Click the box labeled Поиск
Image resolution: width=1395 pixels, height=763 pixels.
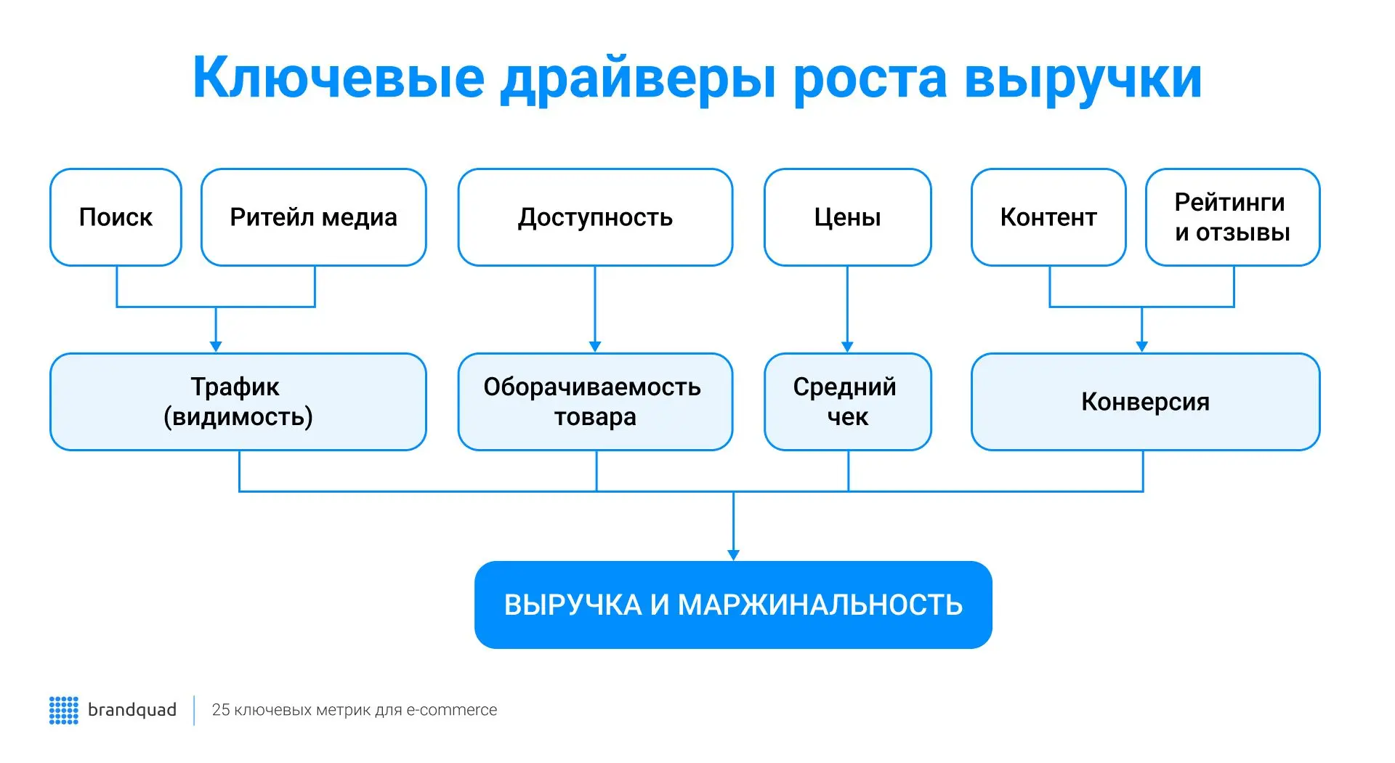pyautogui.click(x=116, y=217)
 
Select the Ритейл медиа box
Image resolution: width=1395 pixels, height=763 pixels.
pyautogui.click(x=313, y=217)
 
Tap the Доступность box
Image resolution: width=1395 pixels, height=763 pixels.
pyautogui.click(x=595, y=217)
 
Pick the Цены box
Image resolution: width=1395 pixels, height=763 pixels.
pyautogui.click(x=847, y=217)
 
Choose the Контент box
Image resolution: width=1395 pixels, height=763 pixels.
pyautogui.click(x=1048, y=217)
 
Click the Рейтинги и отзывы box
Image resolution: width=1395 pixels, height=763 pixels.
pyautogui.click(x=1232, y=217)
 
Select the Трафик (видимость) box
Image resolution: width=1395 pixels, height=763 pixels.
pyautogui.click(x=238, y=402)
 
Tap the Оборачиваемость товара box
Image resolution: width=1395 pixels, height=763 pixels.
pyautogui.click(x=595, y=402)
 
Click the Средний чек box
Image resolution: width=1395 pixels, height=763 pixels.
pyautogui.click(x=847, y=402)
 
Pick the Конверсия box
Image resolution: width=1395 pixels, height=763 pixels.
pyautogui.click(x=1145, y=402)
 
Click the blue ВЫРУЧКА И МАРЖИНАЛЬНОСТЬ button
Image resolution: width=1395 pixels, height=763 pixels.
pyautogui.click(x=733, y=605)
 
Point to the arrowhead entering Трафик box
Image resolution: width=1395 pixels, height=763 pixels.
pyautogui.click(x=216, y=347)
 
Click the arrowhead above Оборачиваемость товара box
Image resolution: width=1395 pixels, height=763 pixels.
pyautogui.click(x=595, y=347)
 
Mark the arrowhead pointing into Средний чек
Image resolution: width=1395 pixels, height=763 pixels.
pyautogui.click(x=847, y=347)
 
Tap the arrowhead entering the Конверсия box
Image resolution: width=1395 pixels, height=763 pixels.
pyautogui.click(x=1141, y=347)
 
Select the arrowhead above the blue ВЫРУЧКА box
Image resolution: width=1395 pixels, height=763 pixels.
pyautogui.click(x=733, y=554)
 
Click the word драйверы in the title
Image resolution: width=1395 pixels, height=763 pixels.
pyautogui.click(x=637, y=78)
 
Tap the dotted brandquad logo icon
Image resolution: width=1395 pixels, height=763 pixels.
pyautogui.click(x=63, y=710)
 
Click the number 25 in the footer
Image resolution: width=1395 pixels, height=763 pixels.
pyautogui.click(x=220, y=710)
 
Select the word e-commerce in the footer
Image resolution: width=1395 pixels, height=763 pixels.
pyautogui.click(x=451, y=710)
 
